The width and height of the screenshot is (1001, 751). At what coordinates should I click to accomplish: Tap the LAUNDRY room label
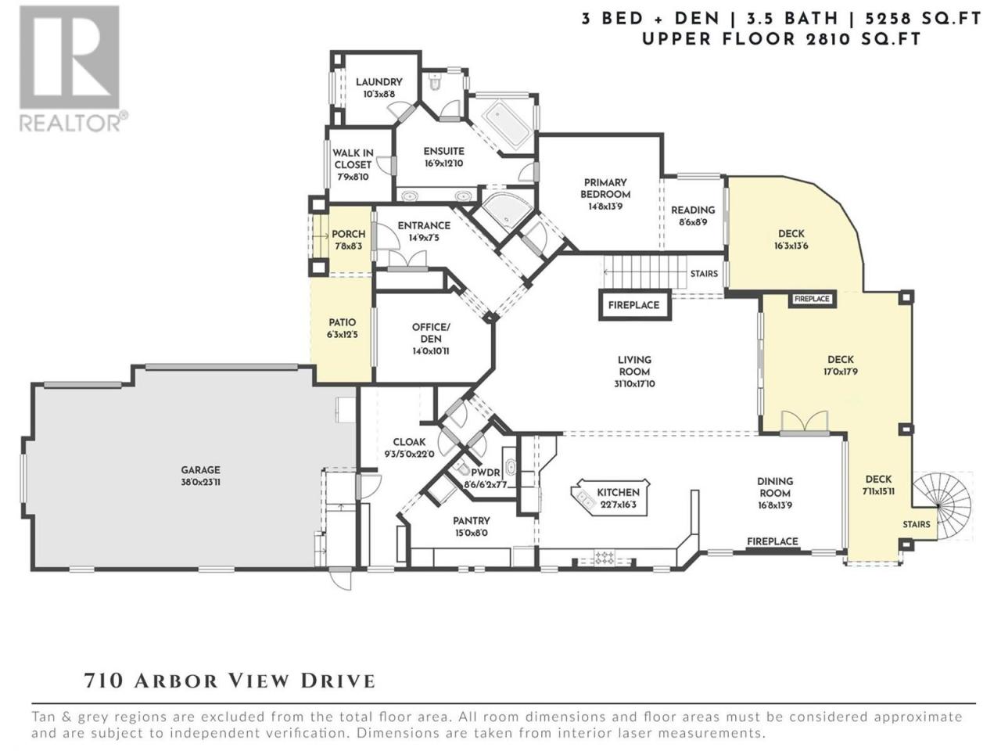pyautogui.click(x=379, y=82)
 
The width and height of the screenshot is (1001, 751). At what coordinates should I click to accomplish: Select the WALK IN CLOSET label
pyautogui.click(x=353, y=159)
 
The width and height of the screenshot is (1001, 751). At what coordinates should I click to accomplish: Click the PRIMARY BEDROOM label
pyautogui.click(x=605, y=189)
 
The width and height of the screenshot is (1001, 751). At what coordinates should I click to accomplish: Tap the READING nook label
pyautogui.click(x=693, y=210)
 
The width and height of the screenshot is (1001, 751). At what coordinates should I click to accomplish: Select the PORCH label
pyautogui.click(x=349, y=234)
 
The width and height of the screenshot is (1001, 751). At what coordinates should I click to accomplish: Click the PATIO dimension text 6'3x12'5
pyautogui.click(x=342, y=334)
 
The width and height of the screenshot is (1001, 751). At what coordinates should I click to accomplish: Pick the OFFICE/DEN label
pyautogui.click(x=430, y=333)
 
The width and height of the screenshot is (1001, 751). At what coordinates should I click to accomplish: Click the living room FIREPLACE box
pyautogui.click(x=635, y=305)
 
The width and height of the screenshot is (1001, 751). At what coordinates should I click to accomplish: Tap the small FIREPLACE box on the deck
pyautogui.click(x=812, y=299)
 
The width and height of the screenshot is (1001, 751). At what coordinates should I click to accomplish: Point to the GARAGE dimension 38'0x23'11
pyautogui.click(x=200, y=482)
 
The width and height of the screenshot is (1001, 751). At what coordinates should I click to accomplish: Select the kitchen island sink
pyautogui.click(x=585, y=498)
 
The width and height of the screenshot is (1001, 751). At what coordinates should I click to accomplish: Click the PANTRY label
pyautogui.click(x=471, y=521)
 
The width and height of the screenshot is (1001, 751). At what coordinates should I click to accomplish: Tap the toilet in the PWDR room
pyautogui.click(x=463, y=467)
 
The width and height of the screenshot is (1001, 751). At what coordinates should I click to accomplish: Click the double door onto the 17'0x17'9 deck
pyautogui.click(x=805, y=422)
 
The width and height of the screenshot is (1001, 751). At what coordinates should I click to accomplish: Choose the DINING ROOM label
pyautogui.click(x=775, y=487)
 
